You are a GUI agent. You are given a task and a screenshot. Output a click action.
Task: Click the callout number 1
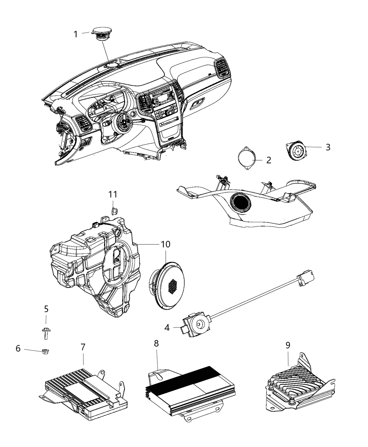pyautogui.click(x=75, y=34)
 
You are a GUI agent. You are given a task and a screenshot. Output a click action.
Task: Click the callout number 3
pyautogui.click(x=327, y=147)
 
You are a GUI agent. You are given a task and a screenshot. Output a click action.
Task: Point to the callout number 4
pyautogui.click(x=167, y=327)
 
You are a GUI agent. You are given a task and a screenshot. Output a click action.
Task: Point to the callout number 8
pyautogui.click(x=156, y=344)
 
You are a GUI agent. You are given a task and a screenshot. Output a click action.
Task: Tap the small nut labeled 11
pyautogui.click(x=113, y=211)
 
